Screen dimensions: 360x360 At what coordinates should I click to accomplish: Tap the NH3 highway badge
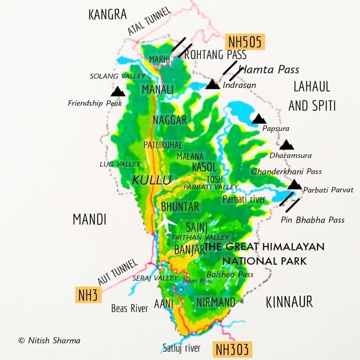(87, 294)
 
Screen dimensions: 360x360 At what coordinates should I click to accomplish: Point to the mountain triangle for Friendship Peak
(118, 91)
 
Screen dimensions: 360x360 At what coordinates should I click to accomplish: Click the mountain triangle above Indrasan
(212, 85)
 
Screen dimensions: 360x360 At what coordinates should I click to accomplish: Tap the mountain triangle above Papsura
(259, 119)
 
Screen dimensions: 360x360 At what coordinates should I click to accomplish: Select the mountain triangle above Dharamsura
(287, 145)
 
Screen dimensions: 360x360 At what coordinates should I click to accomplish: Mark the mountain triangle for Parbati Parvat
(294, 185)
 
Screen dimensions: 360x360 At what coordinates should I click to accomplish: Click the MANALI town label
(158, 90)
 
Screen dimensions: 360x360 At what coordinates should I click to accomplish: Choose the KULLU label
(151, 179)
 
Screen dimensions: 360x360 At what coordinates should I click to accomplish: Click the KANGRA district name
(108, 14)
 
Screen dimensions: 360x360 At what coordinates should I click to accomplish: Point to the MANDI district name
(89, 219)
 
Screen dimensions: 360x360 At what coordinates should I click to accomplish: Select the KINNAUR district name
(289, 301)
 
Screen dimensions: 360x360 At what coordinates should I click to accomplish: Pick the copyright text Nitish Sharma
(49, 340)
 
